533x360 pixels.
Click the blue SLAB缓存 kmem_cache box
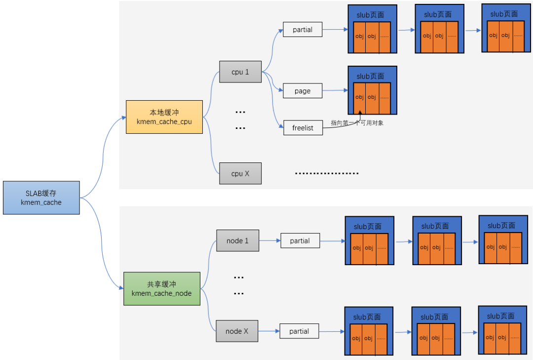pos(41,198)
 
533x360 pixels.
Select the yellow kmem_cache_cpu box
pos(164,117)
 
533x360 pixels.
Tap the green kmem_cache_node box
pos(161,288)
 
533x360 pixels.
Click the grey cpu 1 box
pos(240,72)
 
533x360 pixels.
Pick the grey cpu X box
pos(240,173)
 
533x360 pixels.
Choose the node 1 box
pos(237,240)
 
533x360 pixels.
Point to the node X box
pos(237,331)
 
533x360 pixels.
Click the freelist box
pos(303,128)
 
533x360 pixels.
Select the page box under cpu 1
pos(303,91)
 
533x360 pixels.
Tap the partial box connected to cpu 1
pos(303,29)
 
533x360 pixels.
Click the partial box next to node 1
pos(300,240)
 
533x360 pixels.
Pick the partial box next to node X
pos(300,331)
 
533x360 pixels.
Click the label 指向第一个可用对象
pos(357,123)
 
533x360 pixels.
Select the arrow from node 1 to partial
pos(269,240)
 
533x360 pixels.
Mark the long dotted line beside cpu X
pos(327,173)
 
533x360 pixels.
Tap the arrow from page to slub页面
pos(335,90)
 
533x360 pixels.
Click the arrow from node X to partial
pos(269,331)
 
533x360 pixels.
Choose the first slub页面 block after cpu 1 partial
pos(372,29)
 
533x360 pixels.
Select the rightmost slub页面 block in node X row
pos(500,329)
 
